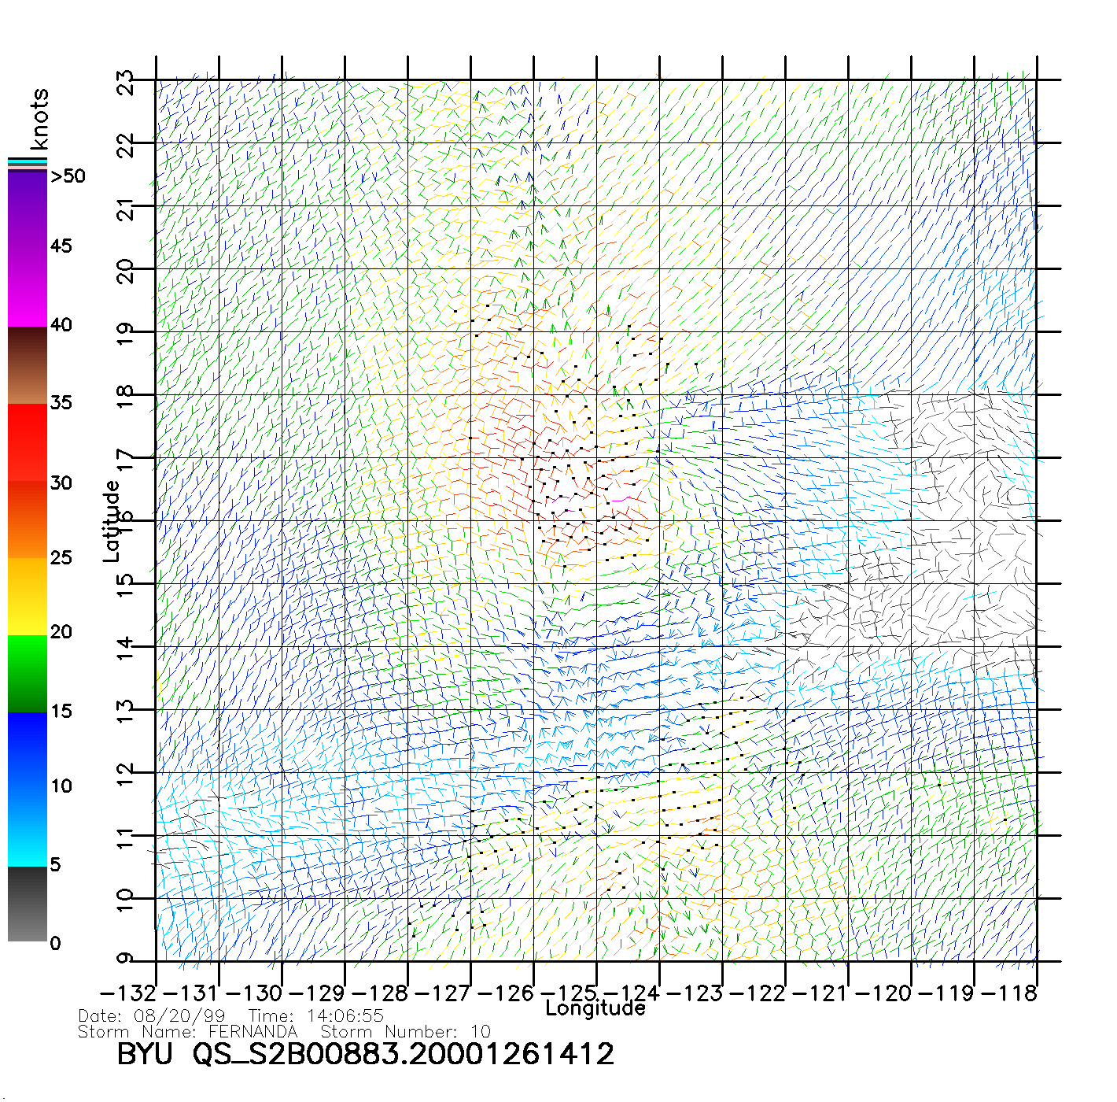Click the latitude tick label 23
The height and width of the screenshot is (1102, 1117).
(x=126, y=83)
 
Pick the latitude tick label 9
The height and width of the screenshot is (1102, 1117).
(x=126, y=959)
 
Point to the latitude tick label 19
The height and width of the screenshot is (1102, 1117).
(x=126, y=335)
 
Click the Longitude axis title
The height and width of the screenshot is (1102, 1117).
(x=595, y=1008)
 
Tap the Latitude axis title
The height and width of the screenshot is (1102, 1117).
(x=112, y=520)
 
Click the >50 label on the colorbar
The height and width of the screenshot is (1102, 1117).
(x=68, y=176)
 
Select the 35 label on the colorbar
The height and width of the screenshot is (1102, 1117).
(x=61, y=403)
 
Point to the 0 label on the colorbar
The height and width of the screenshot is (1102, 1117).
(x=55, y=943)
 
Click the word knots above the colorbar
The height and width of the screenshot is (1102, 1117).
(x=39, y=119)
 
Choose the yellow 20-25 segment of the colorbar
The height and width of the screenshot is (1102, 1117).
(x=28, y=596)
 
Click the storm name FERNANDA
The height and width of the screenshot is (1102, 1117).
(x=253, y=1031)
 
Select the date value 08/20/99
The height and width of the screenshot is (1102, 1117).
(x=179, y=1016)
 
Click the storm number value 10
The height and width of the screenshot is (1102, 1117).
(x=481, y=1031)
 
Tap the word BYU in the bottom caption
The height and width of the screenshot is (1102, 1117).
(x=145, y=1054)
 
